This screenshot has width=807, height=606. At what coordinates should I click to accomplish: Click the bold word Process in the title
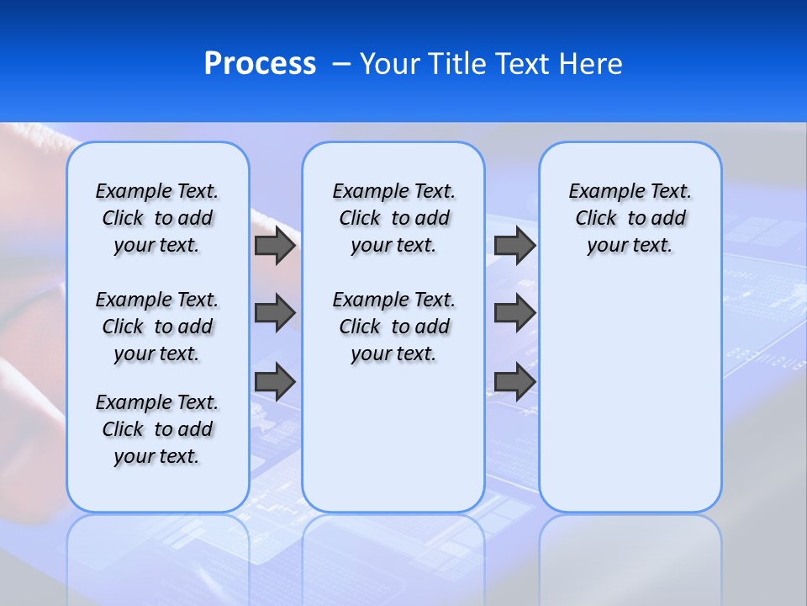(260, 64)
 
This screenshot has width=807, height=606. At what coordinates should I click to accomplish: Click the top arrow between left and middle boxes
(275, 245)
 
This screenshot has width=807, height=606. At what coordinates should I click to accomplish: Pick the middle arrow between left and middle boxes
(275, 313)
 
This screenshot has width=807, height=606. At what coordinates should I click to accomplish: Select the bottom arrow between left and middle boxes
(275, 381)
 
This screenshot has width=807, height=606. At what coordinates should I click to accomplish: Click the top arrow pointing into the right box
(514, 245)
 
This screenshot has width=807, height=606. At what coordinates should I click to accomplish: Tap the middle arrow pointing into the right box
(514, 313)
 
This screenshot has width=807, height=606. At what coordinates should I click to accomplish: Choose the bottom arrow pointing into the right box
(514, 381)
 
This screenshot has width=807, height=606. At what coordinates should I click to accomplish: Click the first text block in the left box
(157, 218)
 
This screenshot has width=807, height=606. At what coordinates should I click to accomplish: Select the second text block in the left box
(157, 327)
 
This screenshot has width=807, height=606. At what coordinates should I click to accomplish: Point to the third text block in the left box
(157, 429)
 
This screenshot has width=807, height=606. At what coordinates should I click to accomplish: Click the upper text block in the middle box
(393, 218)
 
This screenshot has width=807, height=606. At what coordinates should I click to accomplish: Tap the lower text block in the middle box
(393, 327)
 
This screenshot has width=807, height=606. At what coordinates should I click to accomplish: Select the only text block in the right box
(630, 218)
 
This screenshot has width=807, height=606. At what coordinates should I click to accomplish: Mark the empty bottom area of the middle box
(393, 446)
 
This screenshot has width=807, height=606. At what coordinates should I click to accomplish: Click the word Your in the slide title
(389, 64)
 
